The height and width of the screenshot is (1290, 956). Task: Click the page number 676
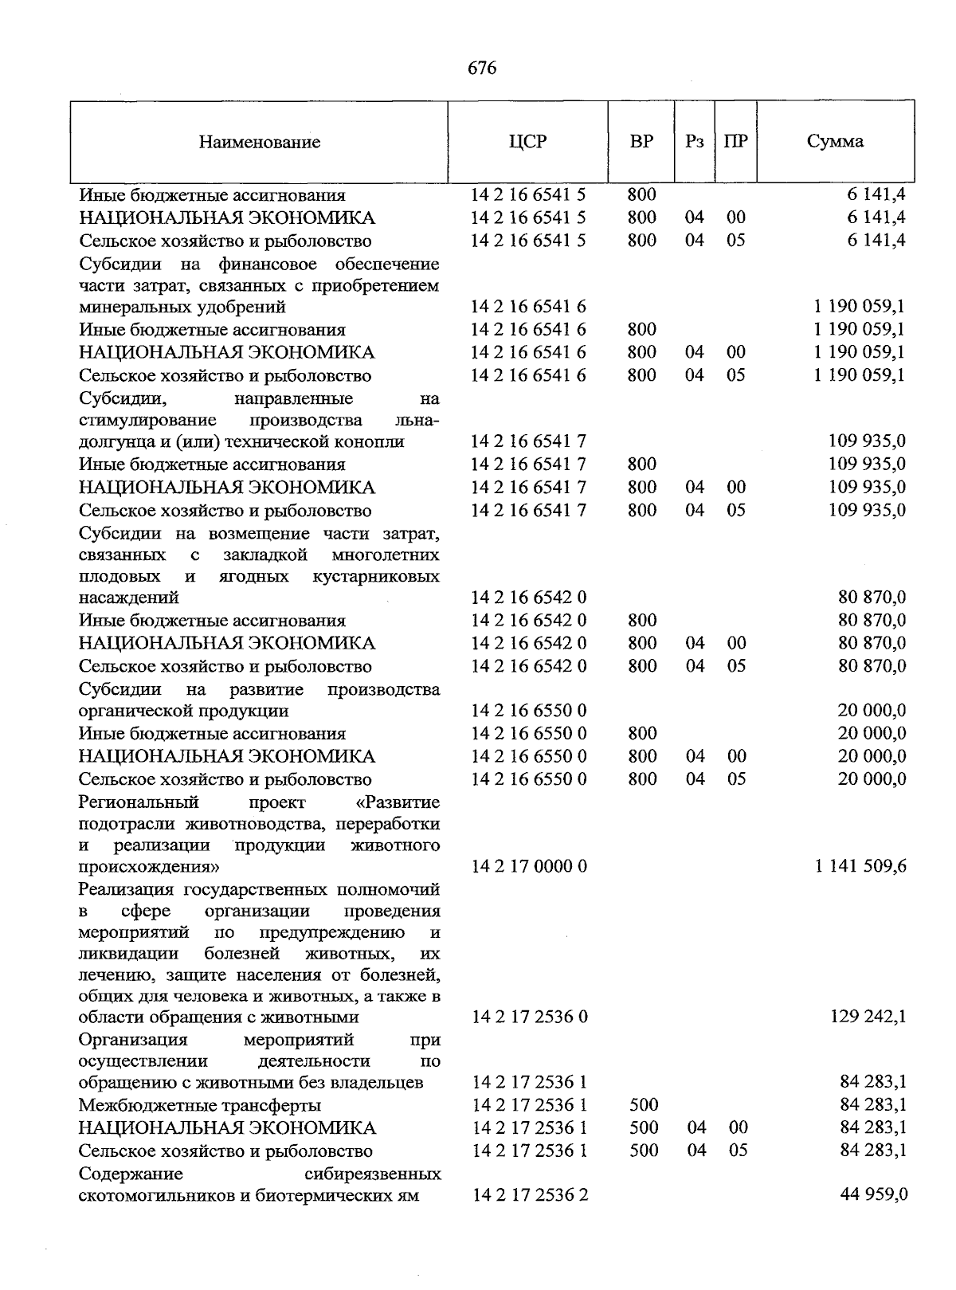482,69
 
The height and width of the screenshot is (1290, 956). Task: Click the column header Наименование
260,143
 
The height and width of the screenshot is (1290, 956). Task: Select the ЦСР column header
527,142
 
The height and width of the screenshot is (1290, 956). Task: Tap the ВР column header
641,142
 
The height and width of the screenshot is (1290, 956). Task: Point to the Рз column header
695,142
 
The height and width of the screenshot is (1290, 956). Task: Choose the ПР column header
736,142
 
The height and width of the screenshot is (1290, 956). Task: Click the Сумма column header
834,142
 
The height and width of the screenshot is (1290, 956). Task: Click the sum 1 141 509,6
860,866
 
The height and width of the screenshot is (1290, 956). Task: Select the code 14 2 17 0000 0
529,866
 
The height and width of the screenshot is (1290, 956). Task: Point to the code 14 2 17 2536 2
530,1195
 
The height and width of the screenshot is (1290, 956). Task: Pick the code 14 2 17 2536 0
530,1017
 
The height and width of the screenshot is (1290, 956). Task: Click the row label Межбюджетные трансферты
200,1105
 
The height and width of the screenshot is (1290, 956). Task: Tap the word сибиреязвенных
373,1174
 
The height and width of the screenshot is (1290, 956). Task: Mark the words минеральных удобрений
182,307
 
